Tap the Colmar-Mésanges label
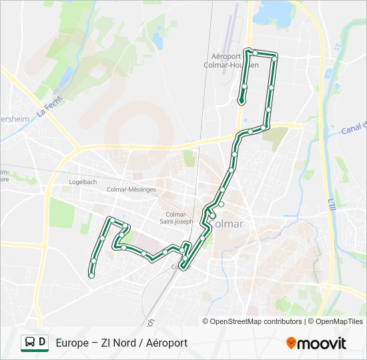coord(131,189)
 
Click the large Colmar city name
coord(230,224)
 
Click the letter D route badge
coord(43,343)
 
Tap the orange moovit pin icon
coord(291,343)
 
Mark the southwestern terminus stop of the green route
coord(91,275)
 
